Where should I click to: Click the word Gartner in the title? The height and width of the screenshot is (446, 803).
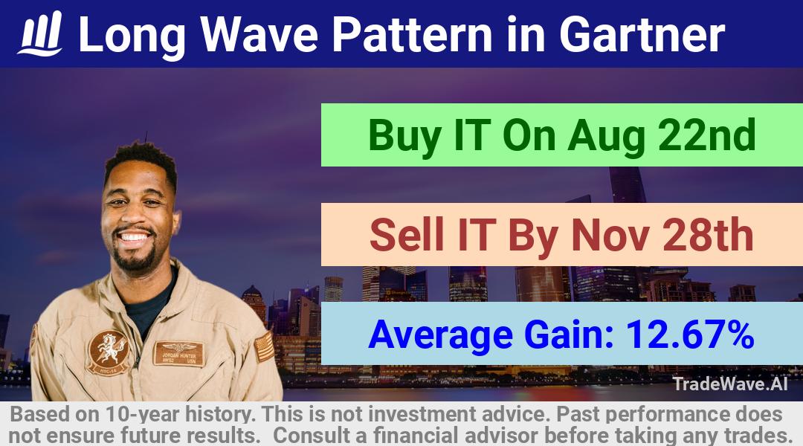click(x=642, y=34)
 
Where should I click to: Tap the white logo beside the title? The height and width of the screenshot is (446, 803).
click(x=41, y=33)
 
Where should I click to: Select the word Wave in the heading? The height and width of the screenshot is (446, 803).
click(x=259, y=34)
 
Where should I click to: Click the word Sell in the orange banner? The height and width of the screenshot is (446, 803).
click(x=407, y=234)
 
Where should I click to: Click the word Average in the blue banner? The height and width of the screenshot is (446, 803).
click(x=440, y=335)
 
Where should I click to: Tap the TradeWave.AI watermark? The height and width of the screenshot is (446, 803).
click(x=730, y=384)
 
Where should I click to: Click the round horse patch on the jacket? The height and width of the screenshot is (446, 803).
click(x=108, y=352)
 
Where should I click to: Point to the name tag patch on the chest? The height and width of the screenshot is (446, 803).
click(x=178, y=353)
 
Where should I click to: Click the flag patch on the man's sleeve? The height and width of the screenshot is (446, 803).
click(x=264, y=347)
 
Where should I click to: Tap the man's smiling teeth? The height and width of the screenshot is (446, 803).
click(x=134, y=237)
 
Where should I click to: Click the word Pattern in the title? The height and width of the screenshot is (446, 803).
click(x=412, y=34)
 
